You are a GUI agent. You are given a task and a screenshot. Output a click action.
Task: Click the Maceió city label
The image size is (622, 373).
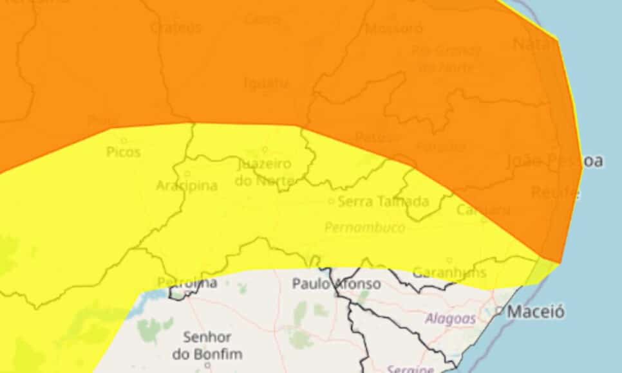click(536, 312)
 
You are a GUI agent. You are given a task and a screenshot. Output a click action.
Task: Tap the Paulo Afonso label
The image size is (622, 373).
click(336, 283)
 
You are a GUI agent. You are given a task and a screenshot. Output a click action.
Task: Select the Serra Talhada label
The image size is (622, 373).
click(383, 201)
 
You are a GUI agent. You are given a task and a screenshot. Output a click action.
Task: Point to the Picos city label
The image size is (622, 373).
click(124, 152)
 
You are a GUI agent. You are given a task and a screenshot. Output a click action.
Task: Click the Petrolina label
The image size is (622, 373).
click(187, 283)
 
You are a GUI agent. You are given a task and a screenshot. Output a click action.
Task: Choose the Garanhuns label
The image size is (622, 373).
click(449, 272)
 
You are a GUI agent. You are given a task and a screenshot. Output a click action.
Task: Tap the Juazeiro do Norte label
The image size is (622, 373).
click(264, 172)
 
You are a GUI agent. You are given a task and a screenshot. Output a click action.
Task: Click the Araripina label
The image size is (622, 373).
click(187, 186)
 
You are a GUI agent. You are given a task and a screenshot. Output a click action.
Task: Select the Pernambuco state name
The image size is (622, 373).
click(365, 228)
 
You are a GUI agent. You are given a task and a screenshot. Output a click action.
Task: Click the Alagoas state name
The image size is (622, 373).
click(450, 318)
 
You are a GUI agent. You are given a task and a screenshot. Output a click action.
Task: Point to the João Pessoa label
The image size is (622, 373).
click(555, 161)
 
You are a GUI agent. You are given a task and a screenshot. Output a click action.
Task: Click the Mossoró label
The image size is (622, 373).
click(394, 28)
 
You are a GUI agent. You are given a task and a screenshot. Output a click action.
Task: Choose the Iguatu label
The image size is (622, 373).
click(267, 83)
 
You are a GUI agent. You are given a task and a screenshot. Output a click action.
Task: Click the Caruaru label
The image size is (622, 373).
click(484, 210)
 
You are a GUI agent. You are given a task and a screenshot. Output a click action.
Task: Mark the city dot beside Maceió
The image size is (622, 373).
click(500, 311)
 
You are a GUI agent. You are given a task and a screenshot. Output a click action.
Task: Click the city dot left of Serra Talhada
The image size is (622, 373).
click(331, 201)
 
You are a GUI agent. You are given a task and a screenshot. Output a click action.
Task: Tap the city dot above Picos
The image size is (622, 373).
click(123, 140)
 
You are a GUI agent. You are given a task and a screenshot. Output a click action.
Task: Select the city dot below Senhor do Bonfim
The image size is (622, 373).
click(207, 365)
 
